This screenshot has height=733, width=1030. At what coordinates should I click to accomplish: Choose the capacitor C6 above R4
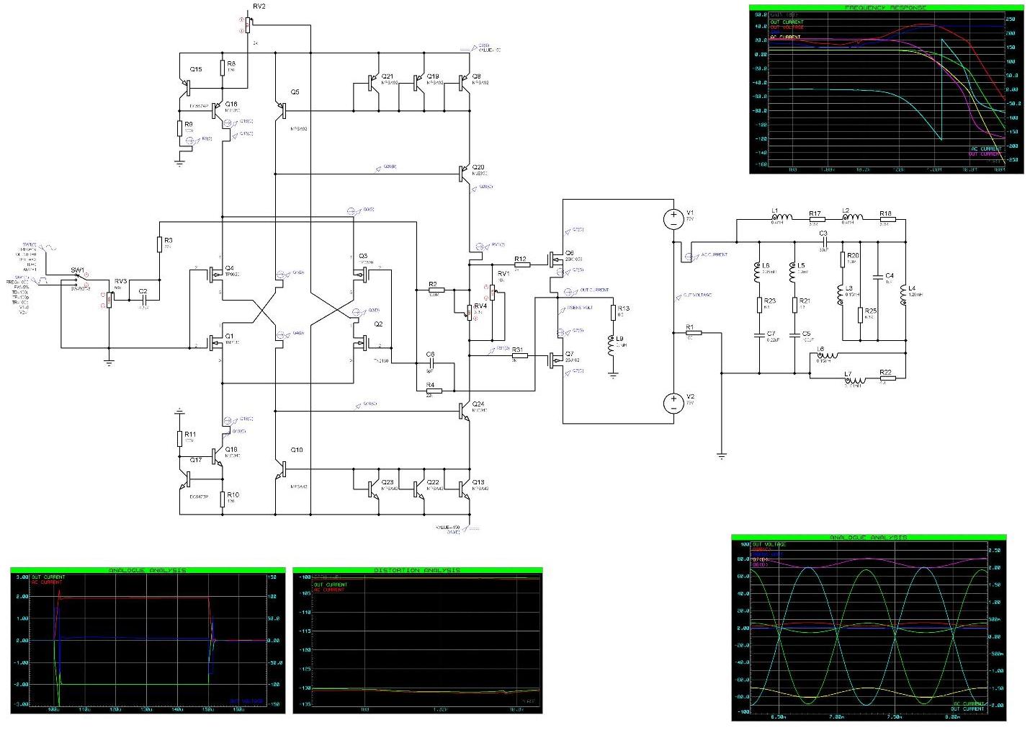(431, 362)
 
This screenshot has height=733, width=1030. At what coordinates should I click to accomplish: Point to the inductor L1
(781, 218)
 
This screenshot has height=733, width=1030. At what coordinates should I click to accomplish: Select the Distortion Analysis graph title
(417, 570)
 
